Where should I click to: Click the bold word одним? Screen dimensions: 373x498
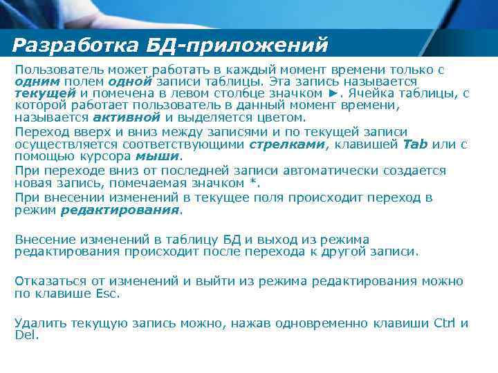pos(33,82)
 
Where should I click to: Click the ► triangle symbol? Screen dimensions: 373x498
pos(334,93)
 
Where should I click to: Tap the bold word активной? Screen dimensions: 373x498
pos(117,117)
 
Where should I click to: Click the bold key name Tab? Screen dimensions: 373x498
pos(415,144)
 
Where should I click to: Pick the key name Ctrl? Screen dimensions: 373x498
pos(443,323)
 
